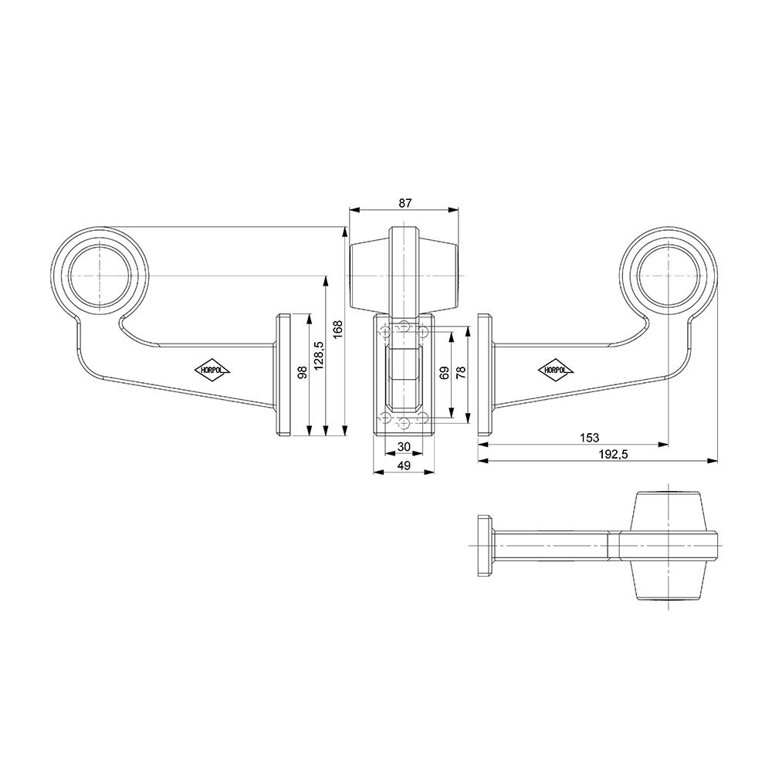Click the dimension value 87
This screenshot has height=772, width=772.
click(405, 202)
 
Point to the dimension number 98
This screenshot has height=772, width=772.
click(302, 372)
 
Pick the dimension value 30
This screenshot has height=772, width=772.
click(403, 447)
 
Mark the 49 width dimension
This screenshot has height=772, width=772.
click(403, 465)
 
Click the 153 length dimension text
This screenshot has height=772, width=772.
click(589, 438)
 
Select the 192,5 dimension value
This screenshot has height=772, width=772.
click(613, 455)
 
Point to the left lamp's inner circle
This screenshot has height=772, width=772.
click(98, 276)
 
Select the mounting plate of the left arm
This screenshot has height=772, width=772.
click(283, 375)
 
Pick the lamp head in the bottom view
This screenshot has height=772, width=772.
click(668, 544)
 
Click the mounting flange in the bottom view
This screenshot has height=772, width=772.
click(486, 545)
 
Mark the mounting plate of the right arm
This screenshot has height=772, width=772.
click(486, 375)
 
